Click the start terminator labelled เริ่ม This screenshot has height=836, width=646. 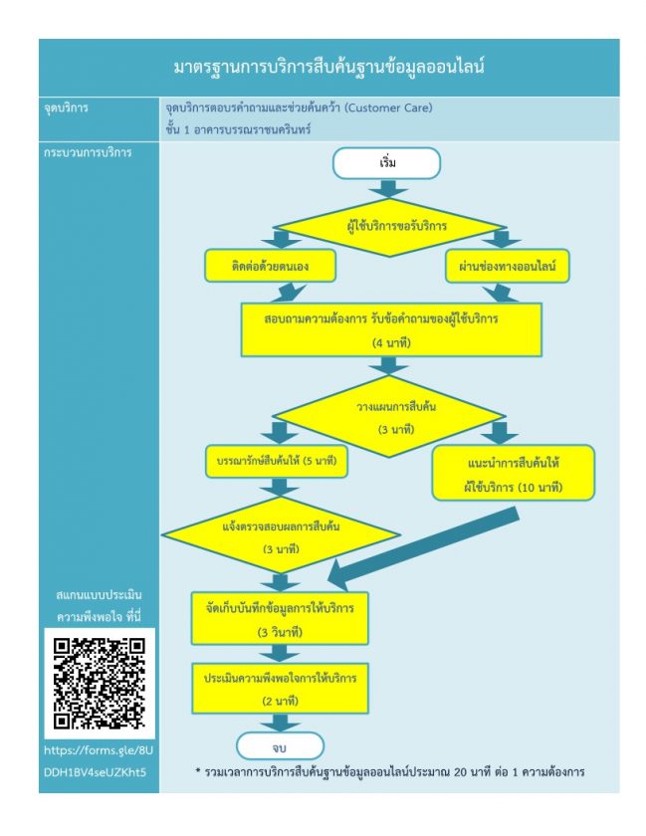coord(386,163)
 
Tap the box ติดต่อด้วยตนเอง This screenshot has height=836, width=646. coord(270,266)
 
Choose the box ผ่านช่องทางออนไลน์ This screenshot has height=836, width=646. coord(508,266)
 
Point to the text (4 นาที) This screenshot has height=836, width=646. coord(391,342)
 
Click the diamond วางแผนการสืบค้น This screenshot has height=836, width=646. coord(389,416)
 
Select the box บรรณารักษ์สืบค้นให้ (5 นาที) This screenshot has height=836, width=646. coord(277,461)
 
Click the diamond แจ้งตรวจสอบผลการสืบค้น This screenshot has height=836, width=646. coord(281,534)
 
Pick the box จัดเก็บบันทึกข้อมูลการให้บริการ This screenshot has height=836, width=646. coord(280,618)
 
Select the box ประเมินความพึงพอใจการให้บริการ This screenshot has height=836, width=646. coord(280,689)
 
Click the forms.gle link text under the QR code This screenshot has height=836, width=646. coord(99,761)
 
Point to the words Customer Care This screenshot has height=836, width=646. coord(388,107)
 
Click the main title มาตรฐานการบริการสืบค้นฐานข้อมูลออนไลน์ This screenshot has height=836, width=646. coord(329,68)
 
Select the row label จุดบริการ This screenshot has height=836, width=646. coord(66,107)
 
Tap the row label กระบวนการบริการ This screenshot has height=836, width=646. coord(88,152)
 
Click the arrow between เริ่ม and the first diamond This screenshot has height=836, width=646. coord(388,189)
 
